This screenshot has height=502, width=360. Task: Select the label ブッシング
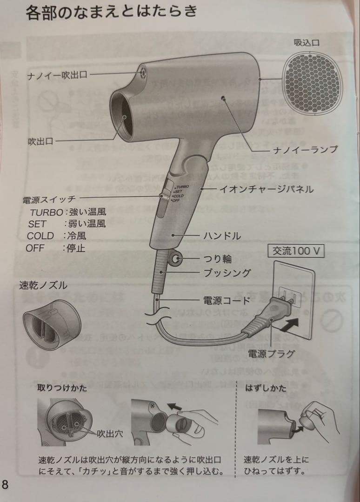click(x=227, y=273)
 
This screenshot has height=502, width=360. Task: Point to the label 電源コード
click(x=227, y=301)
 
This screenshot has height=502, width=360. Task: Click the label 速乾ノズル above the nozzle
click(x=43, y=285)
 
